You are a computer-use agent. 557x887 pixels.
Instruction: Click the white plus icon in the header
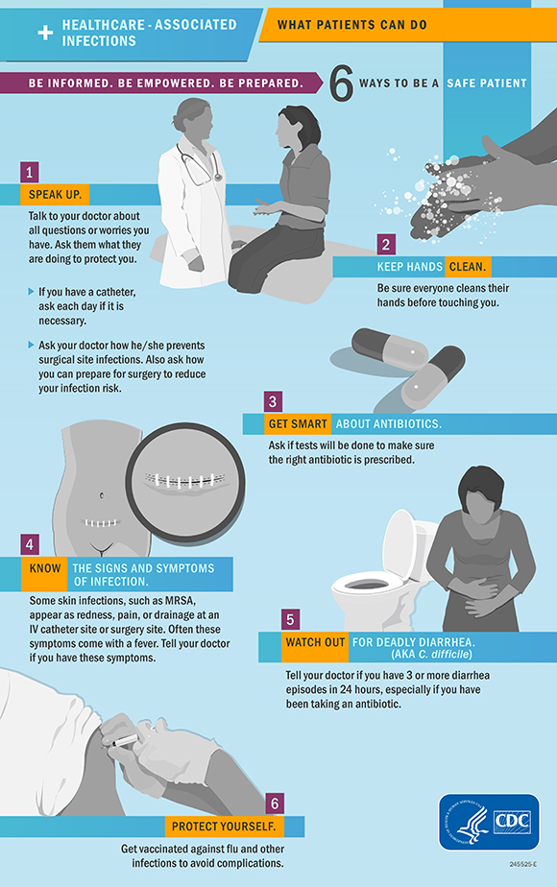tap(44, 33)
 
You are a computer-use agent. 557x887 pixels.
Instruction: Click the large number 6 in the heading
tap(342, 84)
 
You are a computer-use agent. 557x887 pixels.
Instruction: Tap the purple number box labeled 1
tap(31, 172)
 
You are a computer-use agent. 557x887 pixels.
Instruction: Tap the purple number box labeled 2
tap(386, 244)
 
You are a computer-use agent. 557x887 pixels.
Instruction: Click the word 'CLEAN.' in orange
tap(469, 266)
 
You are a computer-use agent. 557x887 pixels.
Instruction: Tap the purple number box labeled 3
tap(274, 401)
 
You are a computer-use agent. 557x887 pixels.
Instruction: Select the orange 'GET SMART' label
tap(301, 423)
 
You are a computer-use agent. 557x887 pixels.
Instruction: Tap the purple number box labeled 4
tap(31, 544)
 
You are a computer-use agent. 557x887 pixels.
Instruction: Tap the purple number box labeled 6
tap(276, 803)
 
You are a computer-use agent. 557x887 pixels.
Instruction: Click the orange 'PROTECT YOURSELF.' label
tap(223, 827)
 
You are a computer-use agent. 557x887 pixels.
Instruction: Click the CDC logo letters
tap(512, 823)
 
